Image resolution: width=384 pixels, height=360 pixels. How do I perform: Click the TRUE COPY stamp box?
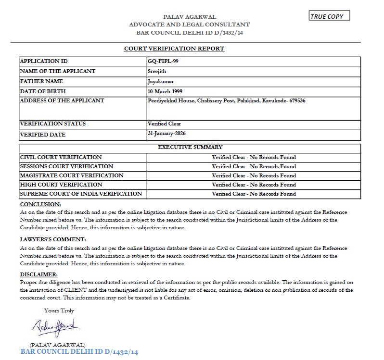pyautogui.click(x=330, y=16)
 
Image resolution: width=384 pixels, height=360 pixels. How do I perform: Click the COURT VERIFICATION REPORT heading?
pyautogui.click(x=174, y=49)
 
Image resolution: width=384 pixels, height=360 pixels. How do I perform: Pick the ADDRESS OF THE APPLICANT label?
pyautogui.click(x=62, y=100)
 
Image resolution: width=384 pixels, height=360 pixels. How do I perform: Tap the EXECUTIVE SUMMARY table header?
pyautogui.click(x=190, y=147)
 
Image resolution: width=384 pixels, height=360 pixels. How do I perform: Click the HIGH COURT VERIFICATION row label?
pyautogui.click(x=61, y=185)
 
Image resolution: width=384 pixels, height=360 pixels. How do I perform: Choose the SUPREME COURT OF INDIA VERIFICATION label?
pyautogui.click(x=81, y=194)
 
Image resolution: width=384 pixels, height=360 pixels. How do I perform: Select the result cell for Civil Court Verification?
pyautogui.click(x=254, y=157)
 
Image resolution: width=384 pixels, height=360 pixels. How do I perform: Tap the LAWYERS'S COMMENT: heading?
pyautogui.click(x=52, y=239)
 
